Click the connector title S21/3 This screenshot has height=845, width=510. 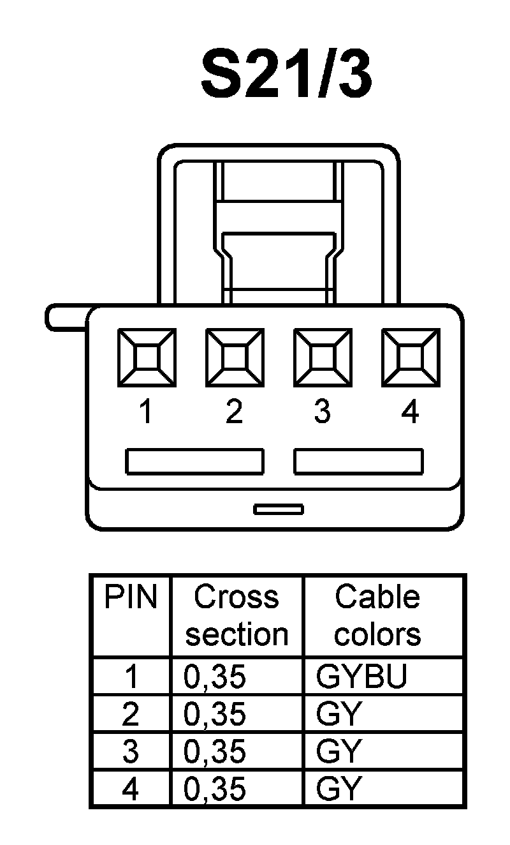coord(286,77)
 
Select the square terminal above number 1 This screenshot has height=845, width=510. coord(147,357)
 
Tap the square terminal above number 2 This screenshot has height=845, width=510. coord(235,357)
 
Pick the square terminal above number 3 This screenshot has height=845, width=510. coord(323,357)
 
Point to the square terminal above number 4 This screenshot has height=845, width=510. coord(411,357)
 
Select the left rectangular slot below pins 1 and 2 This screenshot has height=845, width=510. coord(194,461)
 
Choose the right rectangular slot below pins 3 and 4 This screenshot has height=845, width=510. coord(358,461)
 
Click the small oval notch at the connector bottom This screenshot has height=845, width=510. coord(279,509)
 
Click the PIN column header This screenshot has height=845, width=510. coord(131,598)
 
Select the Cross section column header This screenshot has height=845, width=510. coord(237,616)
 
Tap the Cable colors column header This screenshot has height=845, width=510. coord(377,616)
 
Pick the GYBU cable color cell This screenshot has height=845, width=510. coord(361,677)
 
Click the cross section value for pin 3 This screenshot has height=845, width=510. coord(215,751)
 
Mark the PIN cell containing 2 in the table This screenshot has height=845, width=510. coord(130,714)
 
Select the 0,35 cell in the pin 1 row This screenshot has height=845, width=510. coord(215,677)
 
